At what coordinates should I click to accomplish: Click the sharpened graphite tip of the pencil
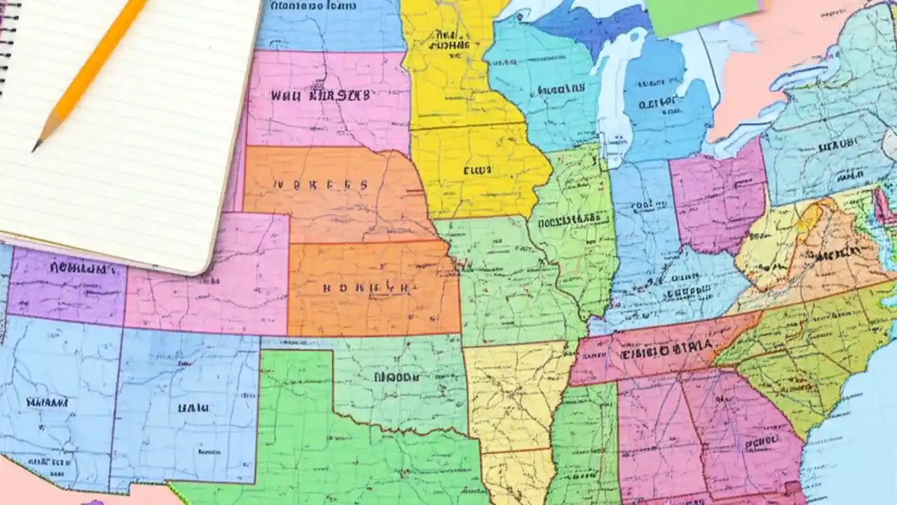[x=36, y=147]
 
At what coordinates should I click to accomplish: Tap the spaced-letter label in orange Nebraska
[x=320, y=186]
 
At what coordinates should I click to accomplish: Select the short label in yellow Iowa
[x=478, y=169]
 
